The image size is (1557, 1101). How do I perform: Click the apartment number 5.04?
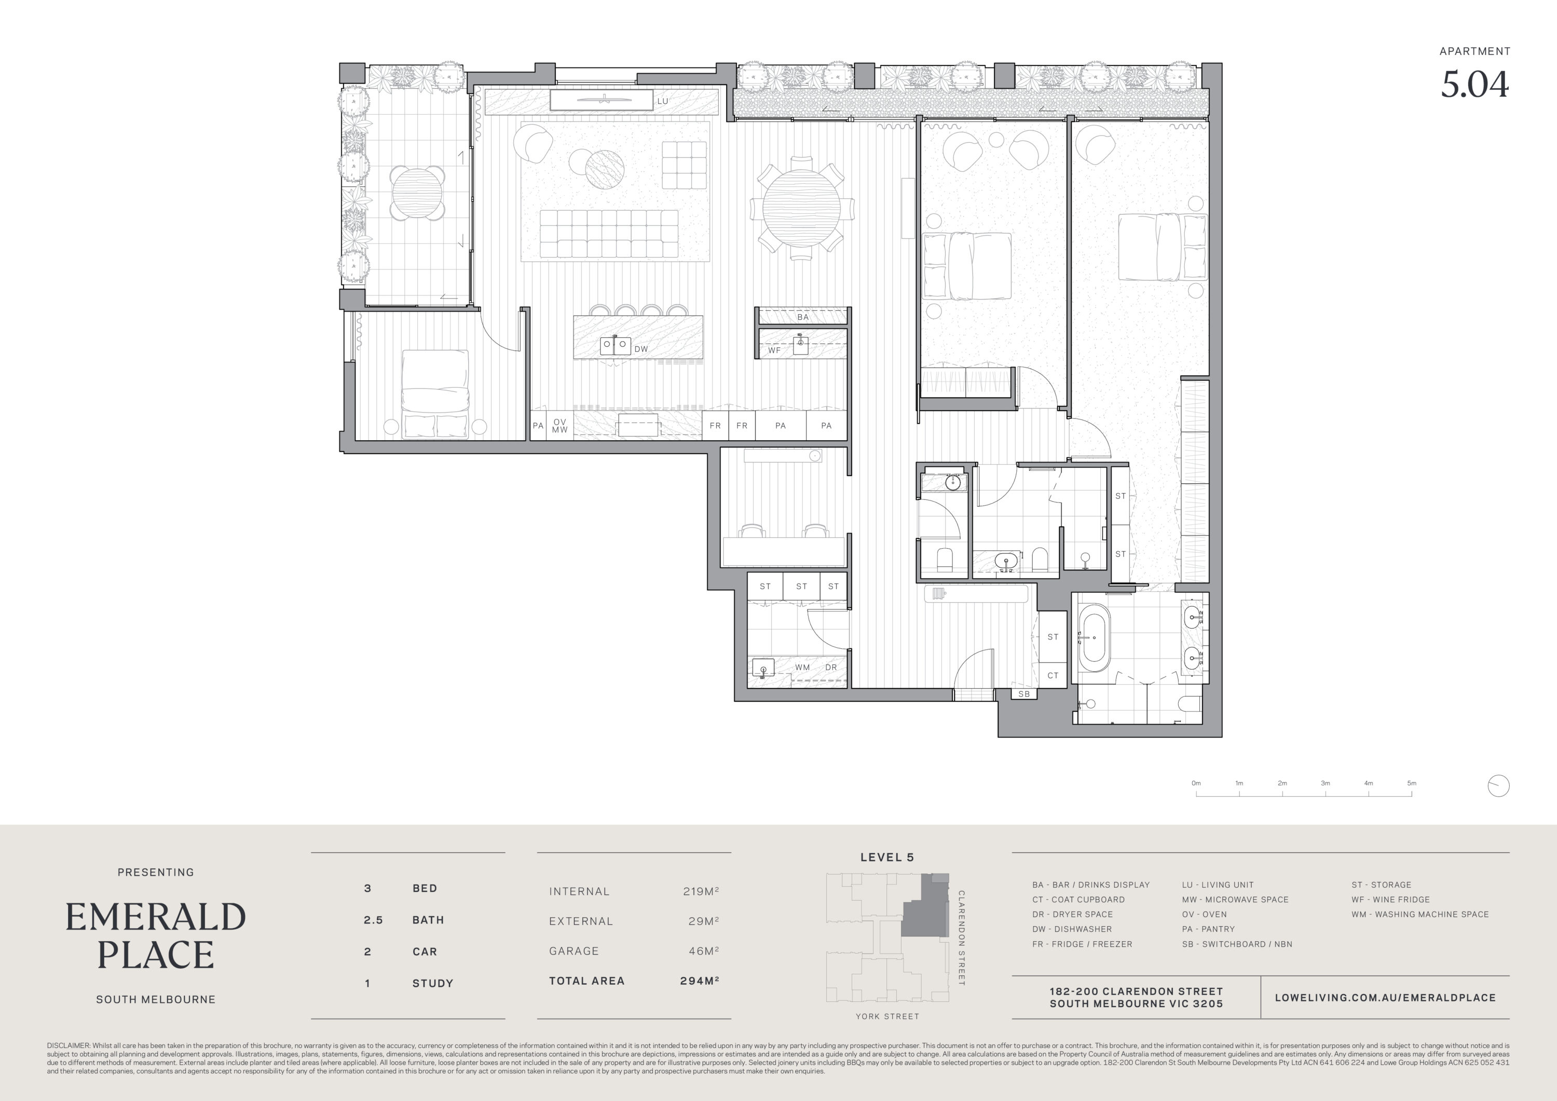point(1474,85)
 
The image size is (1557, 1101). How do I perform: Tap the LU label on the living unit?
point(663,101)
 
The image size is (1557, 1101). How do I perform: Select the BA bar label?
point(803,317)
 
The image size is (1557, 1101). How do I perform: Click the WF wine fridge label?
point(774,351)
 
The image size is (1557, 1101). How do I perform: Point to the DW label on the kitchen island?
point(641,349)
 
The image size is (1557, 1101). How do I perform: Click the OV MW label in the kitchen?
point(559,425)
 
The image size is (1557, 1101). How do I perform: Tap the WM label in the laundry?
point(802,667)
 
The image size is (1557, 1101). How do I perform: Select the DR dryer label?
point(831,667)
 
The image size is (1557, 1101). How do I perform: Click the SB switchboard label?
point(1024,694)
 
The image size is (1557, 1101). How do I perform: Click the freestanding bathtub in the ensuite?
point(1095,637)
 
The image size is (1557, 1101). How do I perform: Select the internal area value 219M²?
point(701,891)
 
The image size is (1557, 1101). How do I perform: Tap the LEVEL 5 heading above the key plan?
point(887,857)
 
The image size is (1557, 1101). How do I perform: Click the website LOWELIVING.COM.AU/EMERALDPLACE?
point(1385,997)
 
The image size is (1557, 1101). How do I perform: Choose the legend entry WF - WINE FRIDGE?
point(1390,899)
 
